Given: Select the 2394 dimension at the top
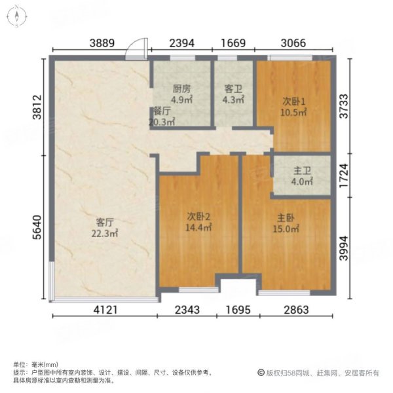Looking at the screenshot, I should coord(183,44).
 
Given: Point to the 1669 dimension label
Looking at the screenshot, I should coord(233,44).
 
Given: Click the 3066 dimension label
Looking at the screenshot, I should coord(294,44).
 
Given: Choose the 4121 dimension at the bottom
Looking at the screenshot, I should coord(105,310).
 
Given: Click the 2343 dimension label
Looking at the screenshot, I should coord(189,310).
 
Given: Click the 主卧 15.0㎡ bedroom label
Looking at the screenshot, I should coord(286,224).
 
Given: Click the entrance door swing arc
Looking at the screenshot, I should coord(137,47).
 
